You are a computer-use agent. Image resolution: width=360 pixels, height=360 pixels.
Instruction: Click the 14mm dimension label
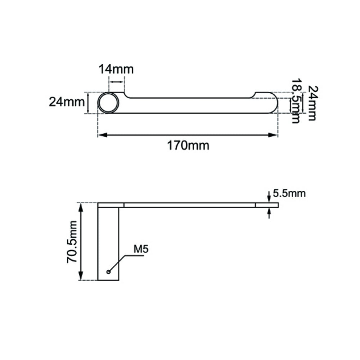(116, 69)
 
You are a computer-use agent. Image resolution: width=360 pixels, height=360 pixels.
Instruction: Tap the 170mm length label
(188, 145)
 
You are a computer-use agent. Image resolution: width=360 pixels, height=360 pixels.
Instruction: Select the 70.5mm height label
(72, 242)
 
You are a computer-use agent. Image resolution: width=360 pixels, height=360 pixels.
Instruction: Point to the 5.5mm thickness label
(289, 193)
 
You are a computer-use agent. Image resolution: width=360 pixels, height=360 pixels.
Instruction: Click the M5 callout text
(141, 249)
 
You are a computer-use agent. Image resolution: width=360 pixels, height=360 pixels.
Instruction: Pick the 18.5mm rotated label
(296, 101)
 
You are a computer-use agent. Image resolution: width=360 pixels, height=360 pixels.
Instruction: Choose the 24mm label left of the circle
(67, 102)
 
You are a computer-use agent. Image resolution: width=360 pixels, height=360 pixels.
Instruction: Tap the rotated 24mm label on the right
(312, 103)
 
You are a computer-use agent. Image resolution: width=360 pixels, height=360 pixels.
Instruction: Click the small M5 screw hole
(109, 272)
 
